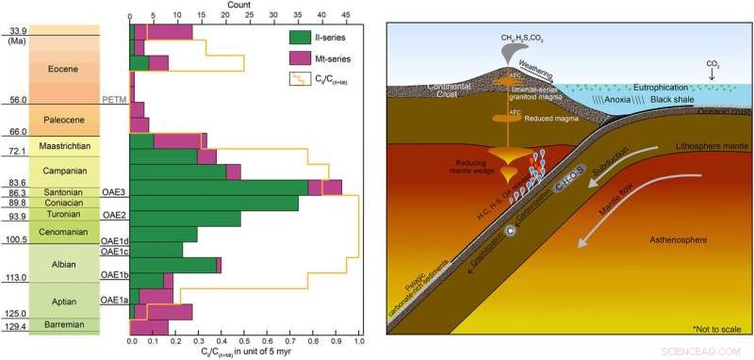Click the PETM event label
(113, 100)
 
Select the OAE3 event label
(113, 191)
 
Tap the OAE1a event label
(113, 300)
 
